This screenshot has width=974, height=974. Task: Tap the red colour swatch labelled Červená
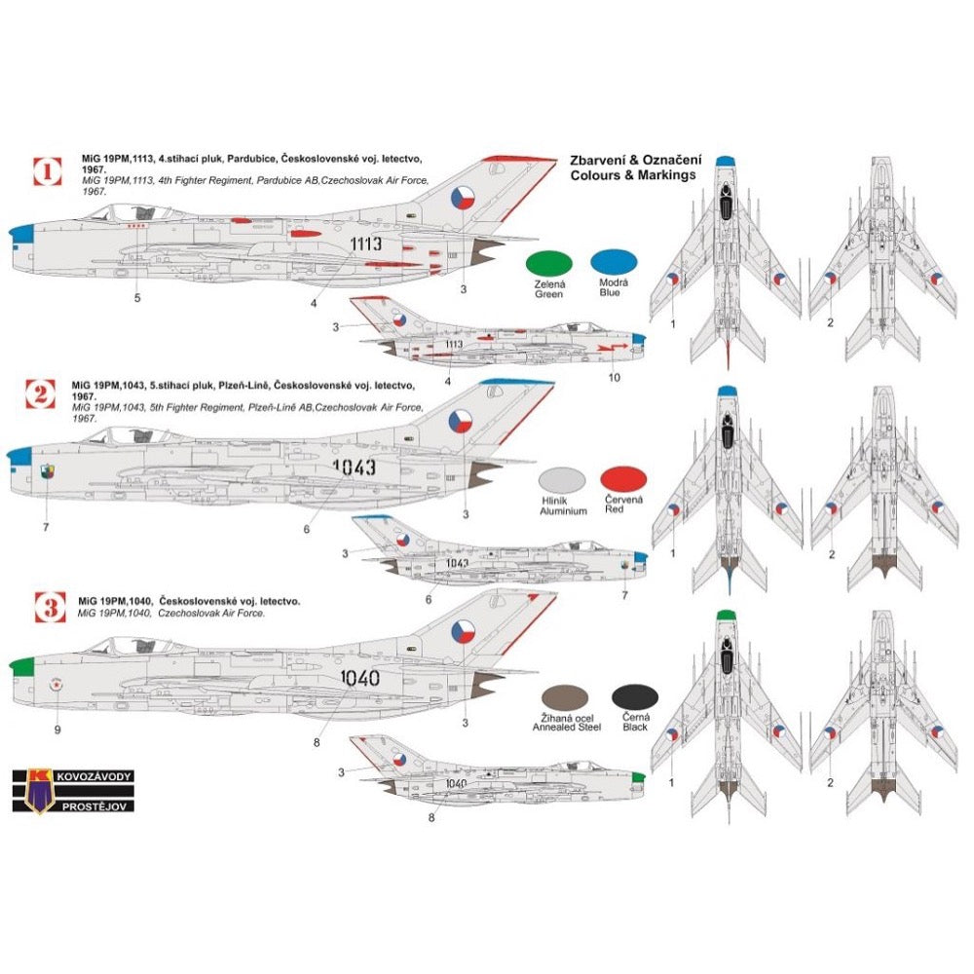[622, 479]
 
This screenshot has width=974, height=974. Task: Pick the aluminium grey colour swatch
[563, 479]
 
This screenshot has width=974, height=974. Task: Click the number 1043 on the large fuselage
[354, 468]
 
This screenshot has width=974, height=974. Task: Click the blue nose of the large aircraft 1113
[23, 234]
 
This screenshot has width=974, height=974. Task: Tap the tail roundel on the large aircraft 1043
[459, 421]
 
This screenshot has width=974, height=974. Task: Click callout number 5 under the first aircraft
[137, 298]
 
